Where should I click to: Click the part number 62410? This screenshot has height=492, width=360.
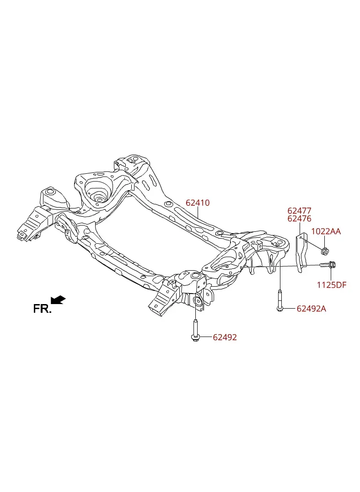tap(198, 203)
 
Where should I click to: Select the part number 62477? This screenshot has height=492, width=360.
tap(300, 210)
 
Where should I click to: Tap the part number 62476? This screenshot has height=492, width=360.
tap(300, 219)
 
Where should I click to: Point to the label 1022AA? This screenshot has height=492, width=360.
tap(326, 231)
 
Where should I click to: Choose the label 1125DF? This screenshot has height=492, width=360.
tap(332, 285)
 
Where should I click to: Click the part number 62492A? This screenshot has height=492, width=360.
tap(312, 309)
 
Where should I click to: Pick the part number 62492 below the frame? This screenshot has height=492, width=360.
tap(225, 337)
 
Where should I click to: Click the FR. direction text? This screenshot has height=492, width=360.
tap(42, 309)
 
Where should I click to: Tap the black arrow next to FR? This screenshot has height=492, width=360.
tap(58, 300)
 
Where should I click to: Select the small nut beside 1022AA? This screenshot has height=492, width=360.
tap(325, 251)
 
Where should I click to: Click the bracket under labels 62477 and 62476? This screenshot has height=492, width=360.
tap(301, 251)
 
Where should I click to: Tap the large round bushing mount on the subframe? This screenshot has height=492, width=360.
tap(97, 190)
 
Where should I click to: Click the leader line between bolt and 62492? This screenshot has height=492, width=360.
tap(205, 337)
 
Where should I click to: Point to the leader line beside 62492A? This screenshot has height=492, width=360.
tap(290, 309)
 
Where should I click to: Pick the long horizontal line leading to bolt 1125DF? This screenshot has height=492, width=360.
tap(280, 267)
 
